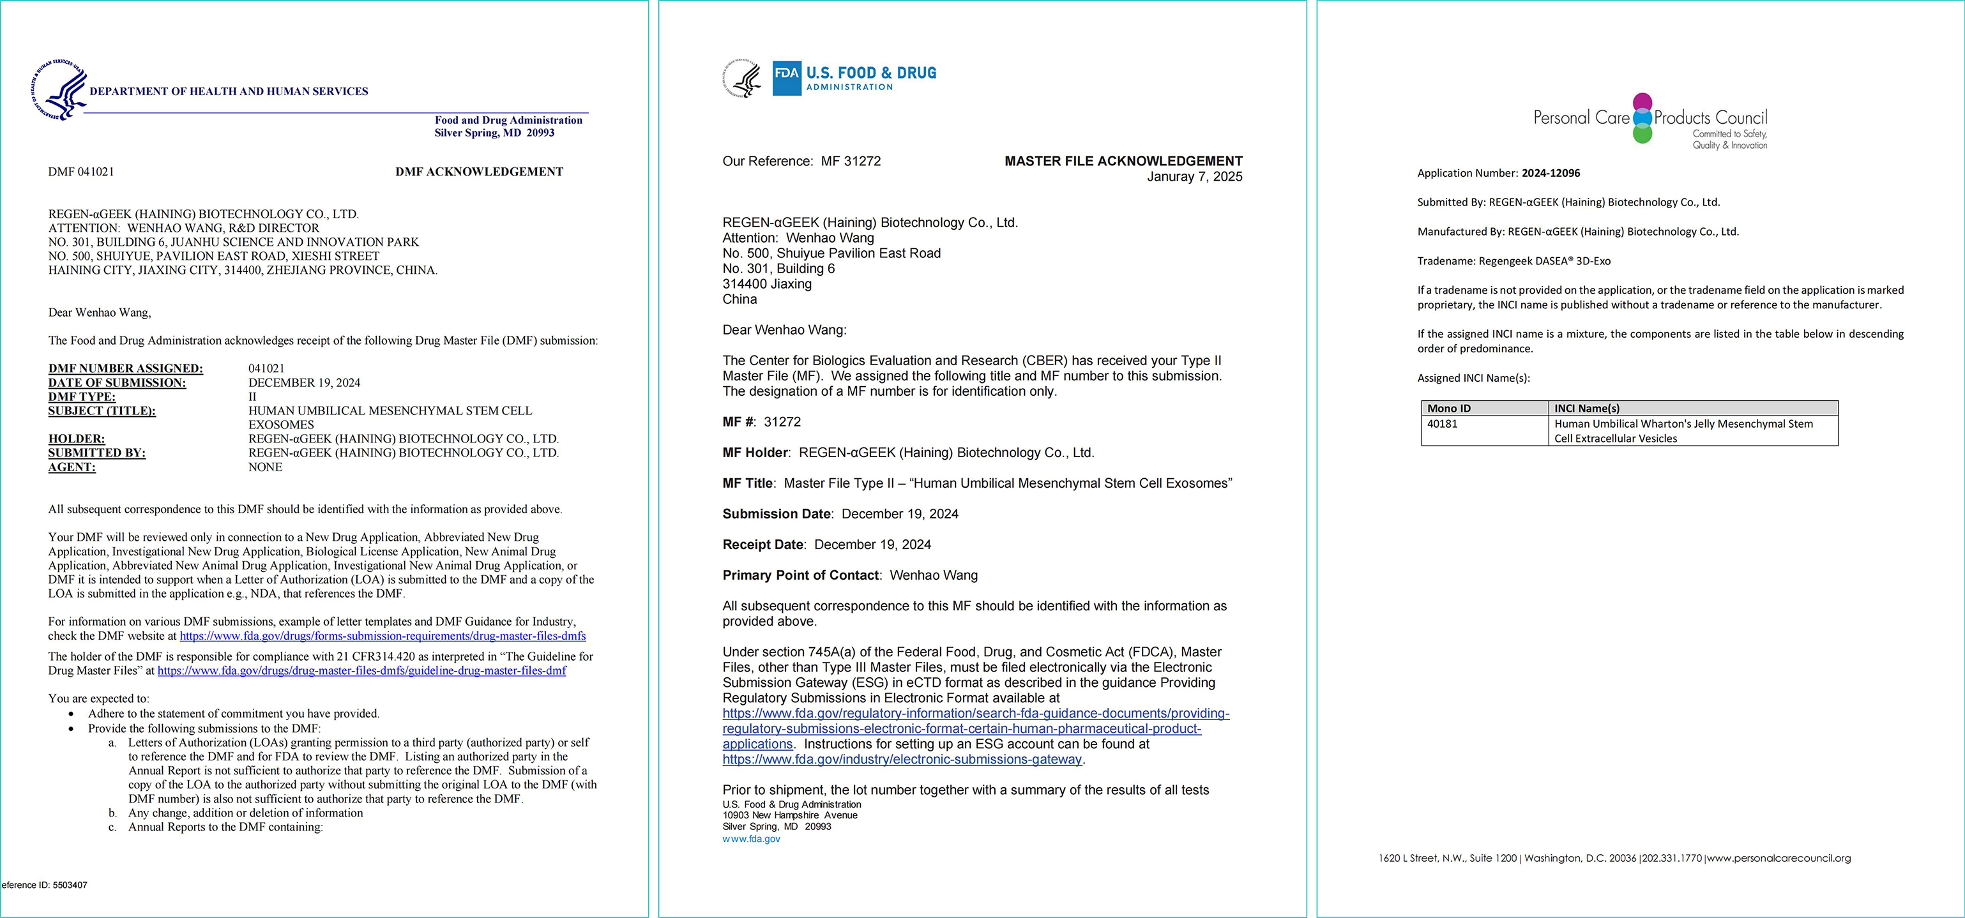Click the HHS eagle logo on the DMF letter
pyautogui.click(x=59, y=90)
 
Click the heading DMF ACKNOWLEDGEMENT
pyautogui.click(x=479, y=172)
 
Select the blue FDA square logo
pyautogui.click(x=787, y=78)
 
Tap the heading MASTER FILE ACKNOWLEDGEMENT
pyautogui.click(x=1123, y=161)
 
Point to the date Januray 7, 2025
pyautogui.click(x=1195, y=177)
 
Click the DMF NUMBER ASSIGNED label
pyautogui.click(x=125, y=369)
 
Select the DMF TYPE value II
pyautogui.click(x=252, y=397)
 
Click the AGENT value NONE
pyautogui.click(x=264, y=467)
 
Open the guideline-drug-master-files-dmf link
pyautogui.click(x=361, y=671)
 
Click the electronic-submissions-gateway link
pyautogui.click(x=902, y=760)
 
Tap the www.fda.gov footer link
pyautogui.click(x=752, y=839)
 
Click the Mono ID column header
pyautogui.click(x=1450, y=409)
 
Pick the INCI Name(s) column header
pyautogui.click(x=1587, y=409)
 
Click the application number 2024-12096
pyautogui.click(x=1550, y=173)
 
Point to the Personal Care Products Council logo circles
pyautogui.click(x=1643, y=118)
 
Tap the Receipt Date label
pyautogui.click(x=762, y=545)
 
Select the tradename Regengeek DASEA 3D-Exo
pyautogui.click(x=1544, y=260)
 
